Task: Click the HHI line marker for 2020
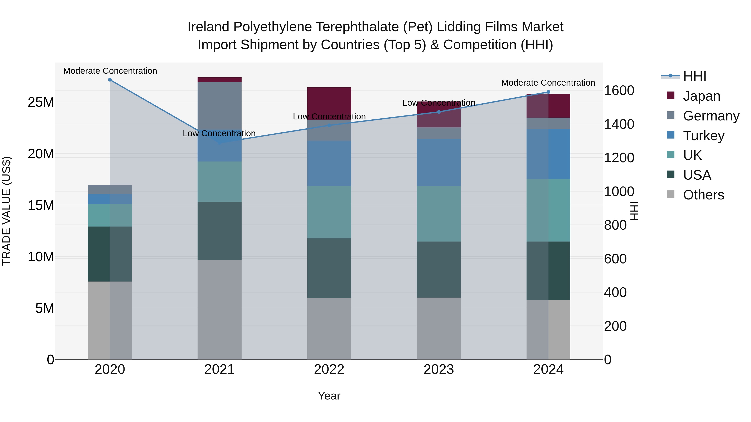110,80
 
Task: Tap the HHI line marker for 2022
329,125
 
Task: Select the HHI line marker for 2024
548,92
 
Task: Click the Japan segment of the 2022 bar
329,103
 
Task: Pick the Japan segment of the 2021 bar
219,80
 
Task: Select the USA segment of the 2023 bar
439,269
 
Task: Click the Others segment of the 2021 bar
219,310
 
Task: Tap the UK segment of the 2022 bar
329,212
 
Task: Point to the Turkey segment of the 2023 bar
439,163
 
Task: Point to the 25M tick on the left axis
41,102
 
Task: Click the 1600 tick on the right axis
619,91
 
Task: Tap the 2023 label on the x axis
439,369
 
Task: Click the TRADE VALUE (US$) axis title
7,211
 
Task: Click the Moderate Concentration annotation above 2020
110,71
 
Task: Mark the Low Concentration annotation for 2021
219,133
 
